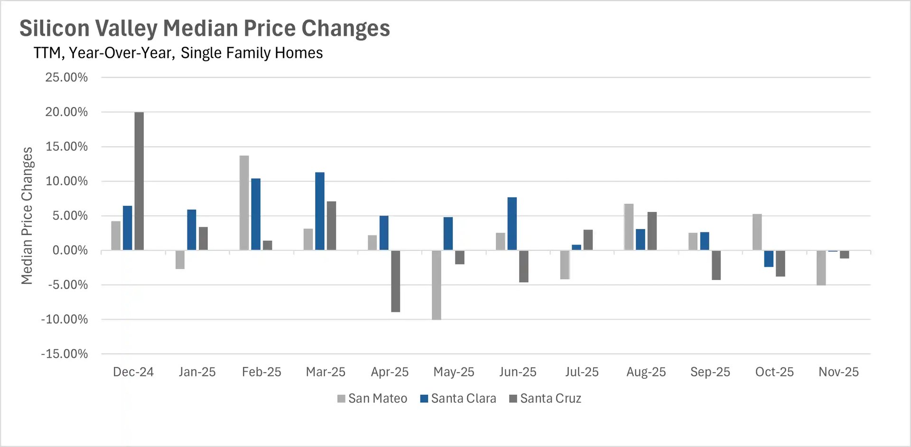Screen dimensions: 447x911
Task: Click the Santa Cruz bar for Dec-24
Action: coord(139,181)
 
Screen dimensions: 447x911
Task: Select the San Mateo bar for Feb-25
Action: coord(244,203)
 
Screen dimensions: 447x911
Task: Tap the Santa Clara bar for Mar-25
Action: coord(320,211)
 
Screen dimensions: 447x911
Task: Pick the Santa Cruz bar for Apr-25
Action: coord(395,281)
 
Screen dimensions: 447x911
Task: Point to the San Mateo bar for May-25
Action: coord(437,285)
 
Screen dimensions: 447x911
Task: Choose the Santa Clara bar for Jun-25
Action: coord(512,224)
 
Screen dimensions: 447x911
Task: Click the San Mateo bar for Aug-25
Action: coord(629,227)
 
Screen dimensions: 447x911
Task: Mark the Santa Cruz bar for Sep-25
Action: coord(716,265)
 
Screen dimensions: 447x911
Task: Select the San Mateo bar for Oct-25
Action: coord(757,232)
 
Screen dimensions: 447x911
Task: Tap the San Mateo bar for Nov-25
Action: coord(821,267)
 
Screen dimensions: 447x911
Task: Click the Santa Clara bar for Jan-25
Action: coord(192,230)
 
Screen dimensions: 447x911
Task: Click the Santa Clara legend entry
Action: coord(458,399)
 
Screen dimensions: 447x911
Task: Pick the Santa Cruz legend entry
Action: coord(545,399)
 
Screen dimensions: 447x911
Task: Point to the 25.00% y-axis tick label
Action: coord(66,77)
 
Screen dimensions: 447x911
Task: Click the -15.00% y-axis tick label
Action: coord(65,354)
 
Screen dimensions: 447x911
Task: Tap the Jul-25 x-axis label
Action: coord(582,372)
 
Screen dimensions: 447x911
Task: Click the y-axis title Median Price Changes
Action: coord(27,216)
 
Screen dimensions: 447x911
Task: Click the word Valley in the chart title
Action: coord(127,28)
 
